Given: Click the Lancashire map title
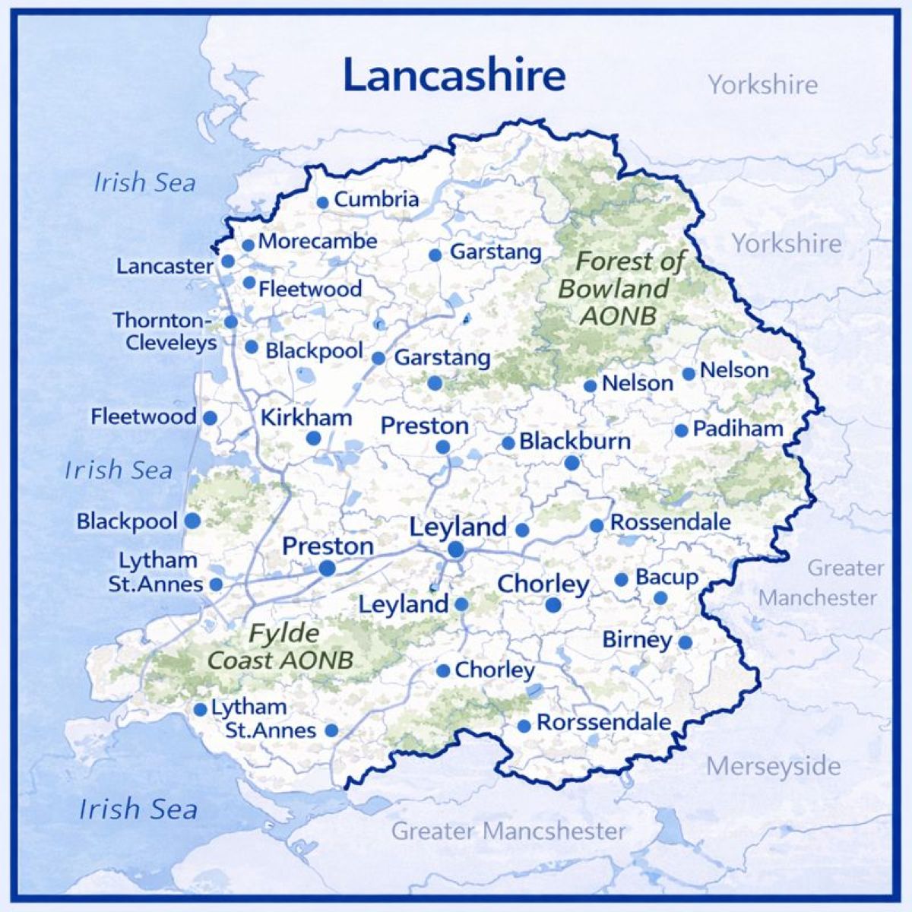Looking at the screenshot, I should coord(454,75).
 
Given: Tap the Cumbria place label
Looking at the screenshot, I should coord(376,200).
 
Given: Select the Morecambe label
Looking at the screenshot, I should coord(318,242).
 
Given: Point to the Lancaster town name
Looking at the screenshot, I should coord(164,266).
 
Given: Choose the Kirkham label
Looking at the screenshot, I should coord(306,418).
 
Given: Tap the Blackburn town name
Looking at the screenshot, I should coord(575,442).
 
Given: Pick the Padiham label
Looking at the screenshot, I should coord(737,429).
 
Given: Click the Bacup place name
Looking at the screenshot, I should coord(667,578).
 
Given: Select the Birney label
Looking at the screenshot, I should coord(637,640).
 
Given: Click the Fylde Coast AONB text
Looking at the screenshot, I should coord(282,647).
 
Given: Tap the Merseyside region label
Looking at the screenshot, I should coord(773,766).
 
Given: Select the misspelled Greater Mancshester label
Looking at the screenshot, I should coord(508,831).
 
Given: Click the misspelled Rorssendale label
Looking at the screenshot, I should coord(604,723).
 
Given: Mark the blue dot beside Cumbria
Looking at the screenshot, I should coord(322,202).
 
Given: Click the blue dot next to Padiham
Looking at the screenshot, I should coord(681,431).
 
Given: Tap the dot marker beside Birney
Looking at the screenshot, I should coord(685,642).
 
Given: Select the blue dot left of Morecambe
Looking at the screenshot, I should coord(248,245).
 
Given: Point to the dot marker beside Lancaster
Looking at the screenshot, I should coord(227,261).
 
